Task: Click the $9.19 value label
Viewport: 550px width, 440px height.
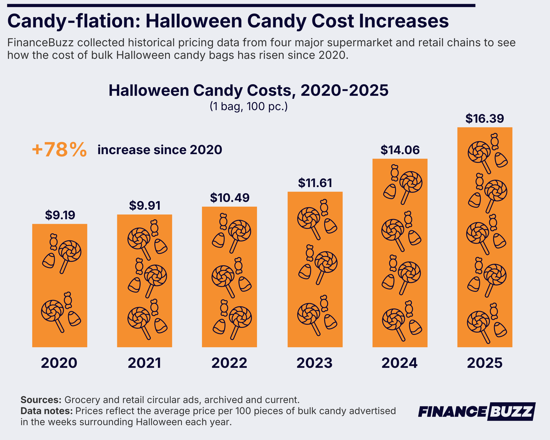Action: pyautogui.click(x=60, y=215)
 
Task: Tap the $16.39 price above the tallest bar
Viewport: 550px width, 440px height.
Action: pyautogui.click(x=484, y=119)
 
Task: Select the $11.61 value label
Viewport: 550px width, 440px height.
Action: pyautogui.click(x=315, y=183)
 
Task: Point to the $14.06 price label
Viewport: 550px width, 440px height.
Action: pyautogui.click(x=400, y=150)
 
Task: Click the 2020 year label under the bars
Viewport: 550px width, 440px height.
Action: pyautogui.click(x=59, y=363)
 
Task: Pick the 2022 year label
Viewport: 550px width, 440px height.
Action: pyautogui.click(x=229, y=363)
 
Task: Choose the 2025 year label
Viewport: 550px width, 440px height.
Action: pyautogui.click(x=485, y=363)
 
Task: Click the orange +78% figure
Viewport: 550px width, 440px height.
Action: pyautogui.click(x=59, y=150)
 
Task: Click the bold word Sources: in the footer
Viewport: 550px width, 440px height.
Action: pyautogui.click(x=41, y=400)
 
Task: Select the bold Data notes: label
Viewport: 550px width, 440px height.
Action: pyautogui.click(x=47, y=411)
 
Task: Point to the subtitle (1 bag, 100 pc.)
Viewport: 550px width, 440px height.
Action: pyautogui.click(x=249, y=106)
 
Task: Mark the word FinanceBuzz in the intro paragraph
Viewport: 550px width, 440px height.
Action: pyautogui.click(x=40, y=42)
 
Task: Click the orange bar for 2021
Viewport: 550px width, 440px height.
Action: pyautogui.click(x=144, y=281)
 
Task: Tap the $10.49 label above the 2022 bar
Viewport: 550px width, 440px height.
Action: pyautogui.click(x=230, y=198)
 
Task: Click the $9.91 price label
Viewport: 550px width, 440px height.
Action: pyautogui.click(x=145, y=206)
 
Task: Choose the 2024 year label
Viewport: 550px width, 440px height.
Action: pyautogui.click(x=400, y=363)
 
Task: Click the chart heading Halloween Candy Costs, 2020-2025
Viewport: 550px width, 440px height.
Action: pyautogui.click(x=248, y=90)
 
